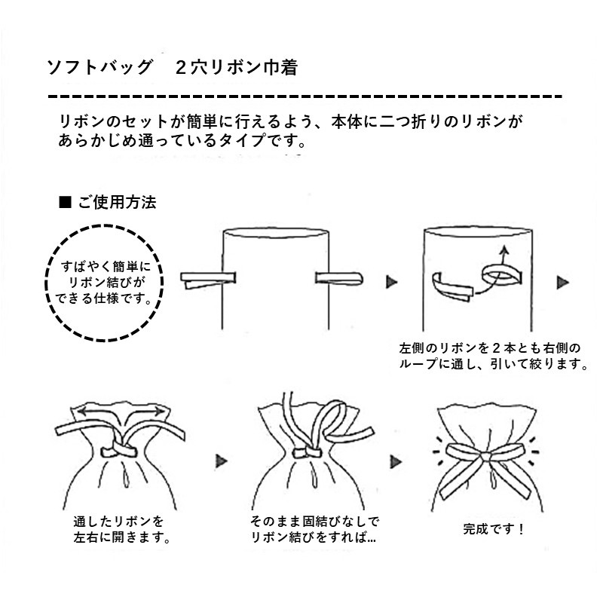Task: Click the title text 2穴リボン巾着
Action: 234,67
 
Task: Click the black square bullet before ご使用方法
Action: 64,203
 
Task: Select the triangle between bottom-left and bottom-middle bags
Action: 221,458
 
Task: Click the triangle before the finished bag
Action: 393,458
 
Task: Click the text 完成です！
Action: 493,528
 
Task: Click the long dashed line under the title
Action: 305,97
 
